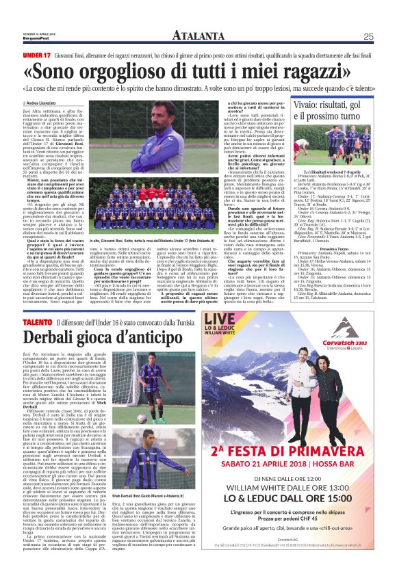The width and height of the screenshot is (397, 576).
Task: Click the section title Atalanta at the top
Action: (x=198, y=36)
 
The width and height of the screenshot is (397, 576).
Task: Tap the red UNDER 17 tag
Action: (x=37, y=55)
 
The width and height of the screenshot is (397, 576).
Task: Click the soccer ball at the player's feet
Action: (x=142, y=417)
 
